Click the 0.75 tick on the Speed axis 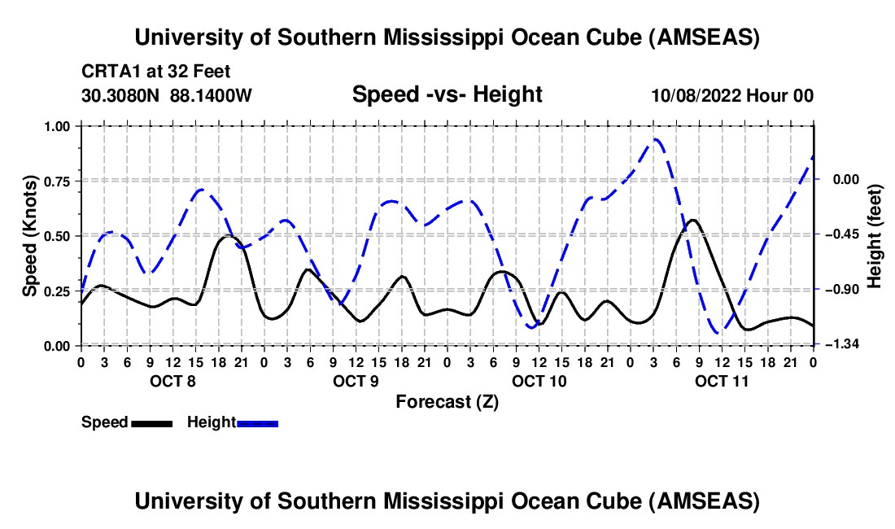click(58, 181)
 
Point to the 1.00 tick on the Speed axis click(58, 126)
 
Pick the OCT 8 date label click(172, 380)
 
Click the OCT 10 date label click(539, 380)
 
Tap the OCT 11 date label click(722, 380)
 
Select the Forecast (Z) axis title click(447, 401)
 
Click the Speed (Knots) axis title click(30, 236)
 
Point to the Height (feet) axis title click(875, 236)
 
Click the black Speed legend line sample click(151, 422)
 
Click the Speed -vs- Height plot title click(447, 94)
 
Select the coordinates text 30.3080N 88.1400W click(167, 95)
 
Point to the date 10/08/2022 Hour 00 click(732, 95)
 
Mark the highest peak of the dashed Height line click(655, 139)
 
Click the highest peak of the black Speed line click(692, 220)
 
